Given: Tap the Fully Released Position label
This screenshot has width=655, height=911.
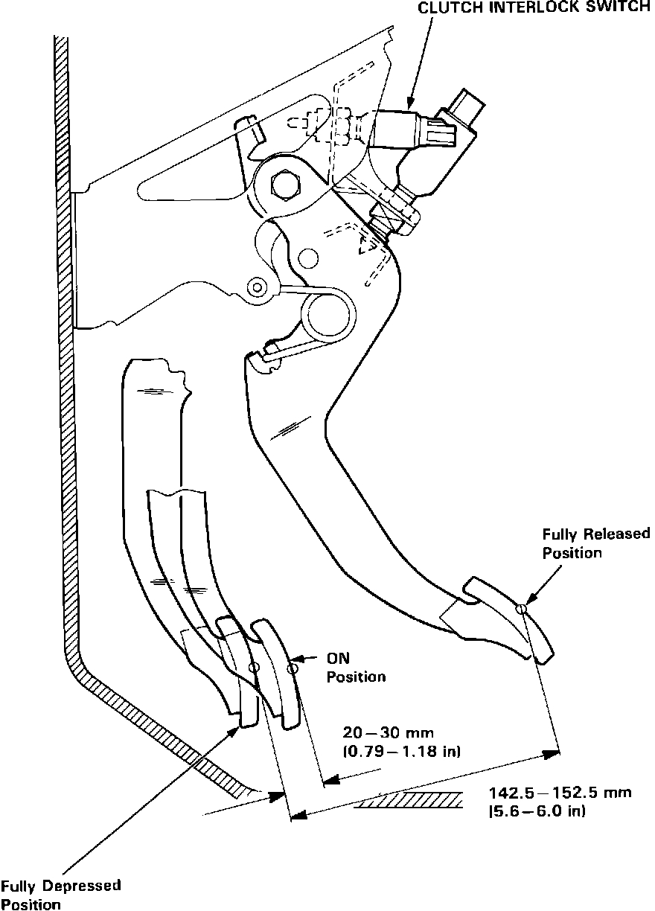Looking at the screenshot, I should click(x=595, y=543).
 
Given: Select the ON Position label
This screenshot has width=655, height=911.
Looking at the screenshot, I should click(x=356, y=668).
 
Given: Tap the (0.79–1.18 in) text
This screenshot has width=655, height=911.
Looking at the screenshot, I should click(x=401, y=752).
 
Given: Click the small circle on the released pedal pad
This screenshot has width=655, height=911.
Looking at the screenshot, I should click(x=523, y=610).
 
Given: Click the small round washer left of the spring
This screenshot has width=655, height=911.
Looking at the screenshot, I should click(x=258, y=286).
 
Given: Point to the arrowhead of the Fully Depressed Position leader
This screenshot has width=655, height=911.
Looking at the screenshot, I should click(x=235, y=729).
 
